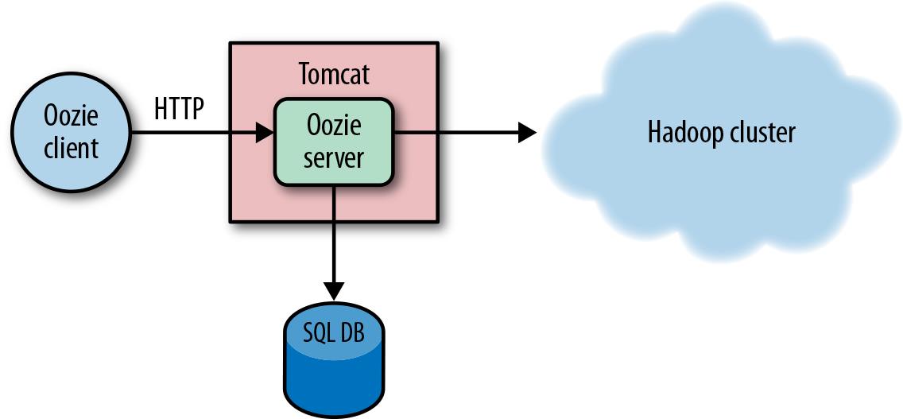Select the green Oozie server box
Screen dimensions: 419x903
(x=334, y=141)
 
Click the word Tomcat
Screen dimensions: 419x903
(x=334, y=75)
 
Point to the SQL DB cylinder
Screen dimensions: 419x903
(x=333, y=362)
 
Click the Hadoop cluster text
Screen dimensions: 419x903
(x=720, y=133)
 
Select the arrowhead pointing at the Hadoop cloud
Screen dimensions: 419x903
(x=527, y=133)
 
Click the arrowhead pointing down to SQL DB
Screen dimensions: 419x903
(x=334, y=289)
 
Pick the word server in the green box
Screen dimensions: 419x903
(x=334, y=157)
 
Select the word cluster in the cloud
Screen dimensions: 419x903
(x=763, y=133)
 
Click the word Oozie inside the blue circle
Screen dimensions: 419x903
(x=70, y=117)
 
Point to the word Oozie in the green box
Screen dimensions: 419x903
(x=334, y=126)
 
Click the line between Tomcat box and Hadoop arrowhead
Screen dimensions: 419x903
(x=477, y=133)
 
